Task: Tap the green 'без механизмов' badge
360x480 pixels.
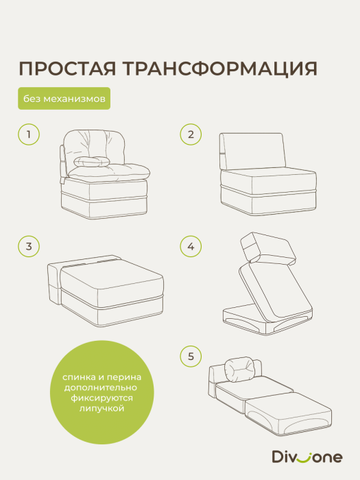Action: (x=64, y=99)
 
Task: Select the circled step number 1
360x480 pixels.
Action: (x=29, y=135)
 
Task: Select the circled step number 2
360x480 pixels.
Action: (x=191, y=135)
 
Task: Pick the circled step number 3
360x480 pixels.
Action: (x=29, y=245)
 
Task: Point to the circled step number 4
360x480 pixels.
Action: (x=191, y=245)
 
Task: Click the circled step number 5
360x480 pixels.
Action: (x=191, y=356)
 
